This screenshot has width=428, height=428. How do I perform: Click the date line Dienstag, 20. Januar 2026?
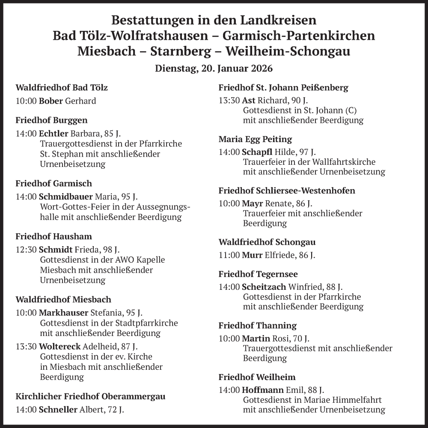(214, 68)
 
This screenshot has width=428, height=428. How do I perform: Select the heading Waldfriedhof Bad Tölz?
(62, 88)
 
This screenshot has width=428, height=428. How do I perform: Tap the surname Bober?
(51, 101)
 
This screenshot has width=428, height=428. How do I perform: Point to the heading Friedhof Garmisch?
(53, 184)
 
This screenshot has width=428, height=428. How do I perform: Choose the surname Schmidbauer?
(66, 197)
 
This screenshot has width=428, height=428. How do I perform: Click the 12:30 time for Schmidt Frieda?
(26, 250)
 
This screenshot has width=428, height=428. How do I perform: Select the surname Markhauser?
(63, 312)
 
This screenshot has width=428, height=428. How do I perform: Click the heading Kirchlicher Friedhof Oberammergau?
(90, 397)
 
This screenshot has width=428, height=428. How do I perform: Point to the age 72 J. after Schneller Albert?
(116, 410)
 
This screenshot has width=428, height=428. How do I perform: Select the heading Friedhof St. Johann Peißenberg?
(283, 88)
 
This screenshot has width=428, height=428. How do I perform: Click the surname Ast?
(249, 101)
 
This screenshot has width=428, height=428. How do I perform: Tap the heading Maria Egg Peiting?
(255, 139)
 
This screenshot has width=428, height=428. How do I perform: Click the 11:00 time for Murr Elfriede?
(229, 256)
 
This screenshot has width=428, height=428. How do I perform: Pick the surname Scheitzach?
(264, 287)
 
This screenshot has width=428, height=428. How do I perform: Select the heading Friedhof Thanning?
(257, 326)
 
